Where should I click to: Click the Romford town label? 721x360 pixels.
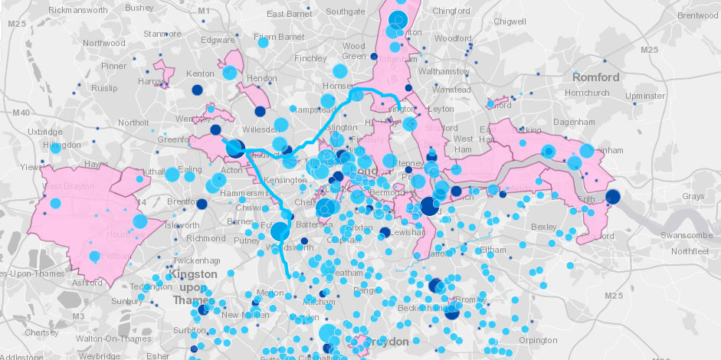point(595,77)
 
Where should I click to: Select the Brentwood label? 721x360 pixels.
point(696,15)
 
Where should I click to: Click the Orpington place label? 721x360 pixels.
point(537,340)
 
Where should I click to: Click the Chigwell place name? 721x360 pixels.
point(511,21)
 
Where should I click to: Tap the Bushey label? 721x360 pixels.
point(139,8)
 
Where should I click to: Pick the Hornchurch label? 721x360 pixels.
point(585,93)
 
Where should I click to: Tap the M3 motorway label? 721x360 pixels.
point(78,316)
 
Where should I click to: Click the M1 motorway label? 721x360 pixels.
point(203,11)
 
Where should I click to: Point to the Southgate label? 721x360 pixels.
point(346,11)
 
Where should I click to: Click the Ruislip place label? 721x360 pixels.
point(103,88)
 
